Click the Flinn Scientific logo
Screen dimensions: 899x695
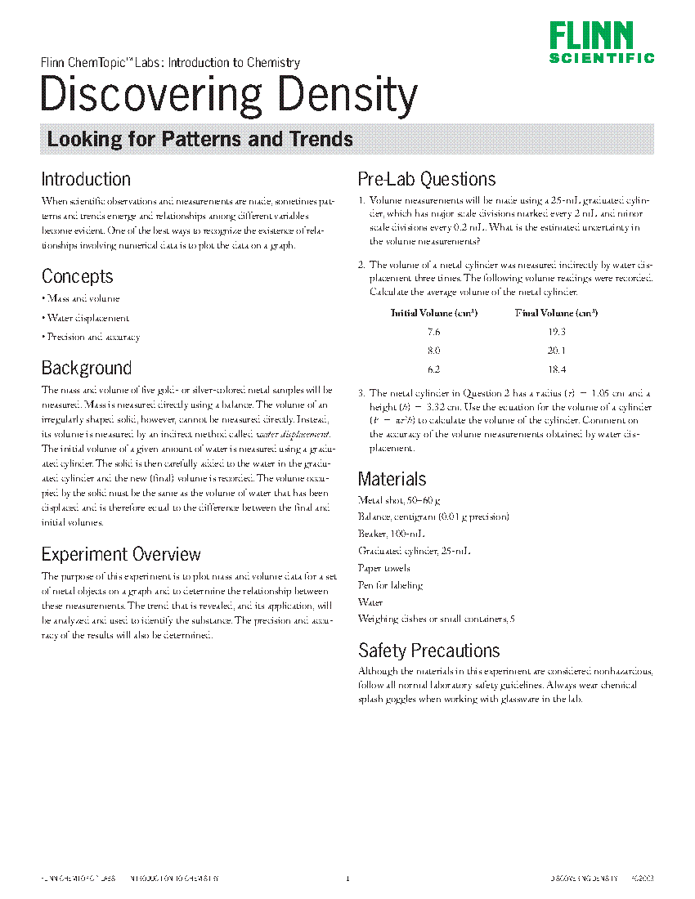[602, 42]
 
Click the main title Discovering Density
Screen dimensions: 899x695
[228, 96]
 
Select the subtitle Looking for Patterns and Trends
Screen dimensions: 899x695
[200, 139]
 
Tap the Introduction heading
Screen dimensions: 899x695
[86, 179]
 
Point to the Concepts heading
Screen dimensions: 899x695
[77, 276]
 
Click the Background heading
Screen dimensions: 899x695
[86, 368]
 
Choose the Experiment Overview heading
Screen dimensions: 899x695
[121, 554]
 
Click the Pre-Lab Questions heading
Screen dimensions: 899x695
[427, 179]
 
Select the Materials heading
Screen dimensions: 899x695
[392, 479]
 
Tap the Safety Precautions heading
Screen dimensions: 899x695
[429, 651]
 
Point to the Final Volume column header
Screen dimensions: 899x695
[556, 313]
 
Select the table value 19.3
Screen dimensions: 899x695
[556, 332]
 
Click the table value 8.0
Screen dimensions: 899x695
[433, 351]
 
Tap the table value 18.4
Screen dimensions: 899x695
[556, 369]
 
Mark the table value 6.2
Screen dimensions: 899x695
[433, 369]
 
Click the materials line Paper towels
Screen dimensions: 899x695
[384, 568]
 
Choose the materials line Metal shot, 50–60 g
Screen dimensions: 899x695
[400, 499]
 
